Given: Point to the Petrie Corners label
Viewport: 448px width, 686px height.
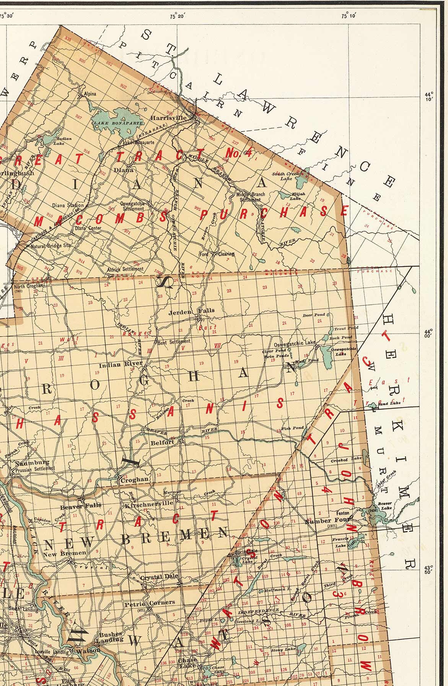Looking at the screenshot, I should (150, 603).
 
